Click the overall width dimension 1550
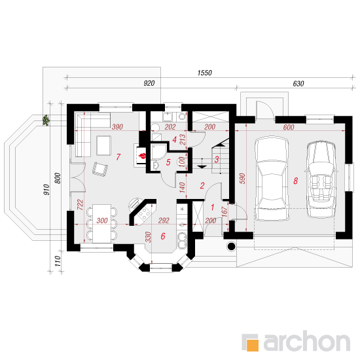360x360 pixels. coord(205,73)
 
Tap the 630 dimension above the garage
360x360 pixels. coord(298,84)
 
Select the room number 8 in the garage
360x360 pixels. coord(295,181)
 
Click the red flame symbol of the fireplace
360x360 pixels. coord(142,156)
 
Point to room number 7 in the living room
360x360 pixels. coord(118,157)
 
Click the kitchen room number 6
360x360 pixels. coord(163,236)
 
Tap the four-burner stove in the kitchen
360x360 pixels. coord(145,213)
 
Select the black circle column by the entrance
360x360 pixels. coord(232,246)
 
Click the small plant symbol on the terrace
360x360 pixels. coord(46,120)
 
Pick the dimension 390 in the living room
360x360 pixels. coord(117,127)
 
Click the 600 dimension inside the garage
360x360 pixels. coord(289,127)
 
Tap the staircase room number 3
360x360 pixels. coord(217,159)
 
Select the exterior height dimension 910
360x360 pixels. coord(46,190)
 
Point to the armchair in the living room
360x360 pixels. coord(100,170)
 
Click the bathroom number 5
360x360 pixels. coord(168,162)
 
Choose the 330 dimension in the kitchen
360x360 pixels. coord(149,237)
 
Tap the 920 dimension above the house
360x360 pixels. coord(149,83)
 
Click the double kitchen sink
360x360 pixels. coord(183,241)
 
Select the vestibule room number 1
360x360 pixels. coord(212,207)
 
